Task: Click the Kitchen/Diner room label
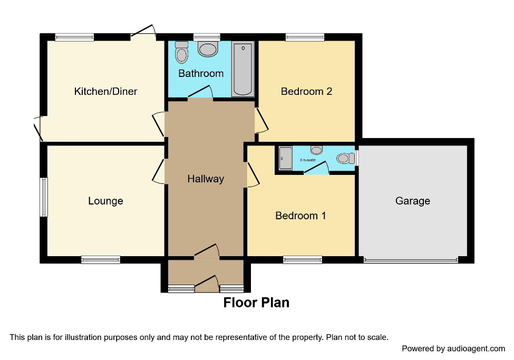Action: tap(105, 91)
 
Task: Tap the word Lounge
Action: tap(105, 201)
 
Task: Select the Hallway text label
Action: tap(206, 179)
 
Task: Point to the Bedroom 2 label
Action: tap(306, 91)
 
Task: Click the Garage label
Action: tap(412, 201)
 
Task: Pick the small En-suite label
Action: tap(308, 160)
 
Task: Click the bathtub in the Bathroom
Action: tap(243, 70)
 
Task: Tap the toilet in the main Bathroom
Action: tap(181, 52)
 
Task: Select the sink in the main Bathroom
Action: tap(208, 50)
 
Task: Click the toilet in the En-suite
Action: tap(344, 158)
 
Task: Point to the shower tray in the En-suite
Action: tap(285, 158)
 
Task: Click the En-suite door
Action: tap(317, 168)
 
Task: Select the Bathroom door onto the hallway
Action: tap(200, 93)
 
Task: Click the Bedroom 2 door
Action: tap(262, 120)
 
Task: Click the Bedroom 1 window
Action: tap(303, 259)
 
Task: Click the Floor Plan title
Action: tap(256, 303)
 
